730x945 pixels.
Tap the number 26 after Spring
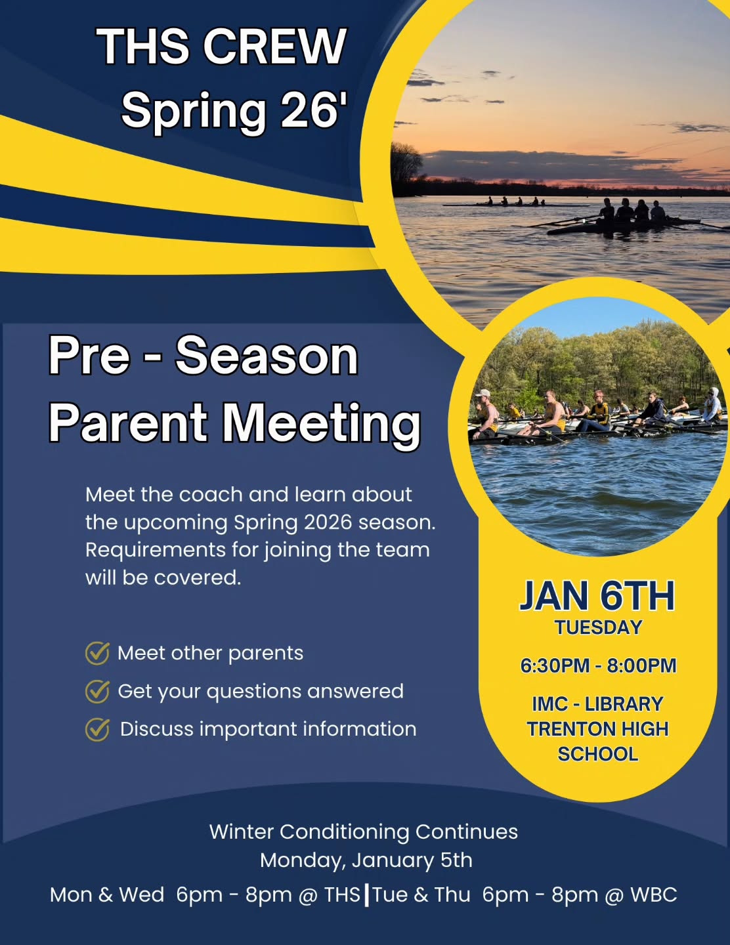310,110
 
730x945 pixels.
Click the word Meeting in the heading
322,425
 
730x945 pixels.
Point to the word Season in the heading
267,356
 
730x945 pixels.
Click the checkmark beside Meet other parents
97,653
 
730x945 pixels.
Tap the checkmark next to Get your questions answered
97,691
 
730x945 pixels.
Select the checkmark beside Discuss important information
97,729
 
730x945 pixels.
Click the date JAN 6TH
597,596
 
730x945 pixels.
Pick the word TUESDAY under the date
598,628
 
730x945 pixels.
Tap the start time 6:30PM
555,665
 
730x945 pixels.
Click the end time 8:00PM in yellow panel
641,665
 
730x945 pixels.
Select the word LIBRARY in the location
624,704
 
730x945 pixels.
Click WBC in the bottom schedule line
653,894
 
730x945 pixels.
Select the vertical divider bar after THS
366,894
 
